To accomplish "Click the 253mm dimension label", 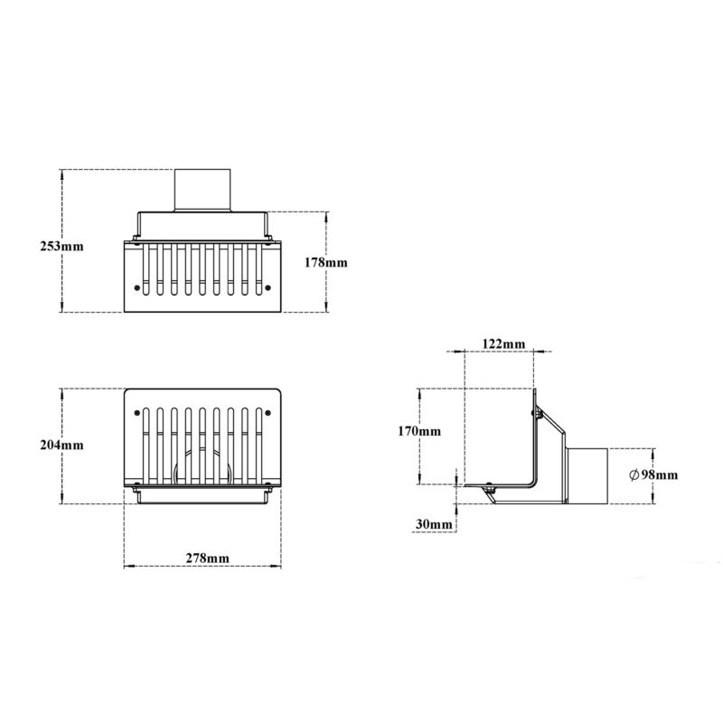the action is pos(61,246).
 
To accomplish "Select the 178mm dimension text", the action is pos(325,263).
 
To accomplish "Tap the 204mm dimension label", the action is pos(61,445).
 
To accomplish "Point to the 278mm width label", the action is pos(207,558).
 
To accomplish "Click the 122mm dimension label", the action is pos(503,344).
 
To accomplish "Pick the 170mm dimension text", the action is pos(419,431).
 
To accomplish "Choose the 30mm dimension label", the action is pos(434,524).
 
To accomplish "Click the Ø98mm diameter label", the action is pos(653,474).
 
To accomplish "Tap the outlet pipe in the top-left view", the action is pos(202,191).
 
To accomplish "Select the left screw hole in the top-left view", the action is pos(136,288).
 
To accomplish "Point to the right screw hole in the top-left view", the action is pos(268,288).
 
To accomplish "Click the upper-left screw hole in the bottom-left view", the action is pos(136,413).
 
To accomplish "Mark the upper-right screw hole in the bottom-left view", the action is pos(268,413).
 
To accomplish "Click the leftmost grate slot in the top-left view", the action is pos(146,269).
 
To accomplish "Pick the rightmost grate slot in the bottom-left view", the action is pos(258,446).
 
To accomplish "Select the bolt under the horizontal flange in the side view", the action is pos(489,488).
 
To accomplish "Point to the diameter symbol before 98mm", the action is pos(634,474).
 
